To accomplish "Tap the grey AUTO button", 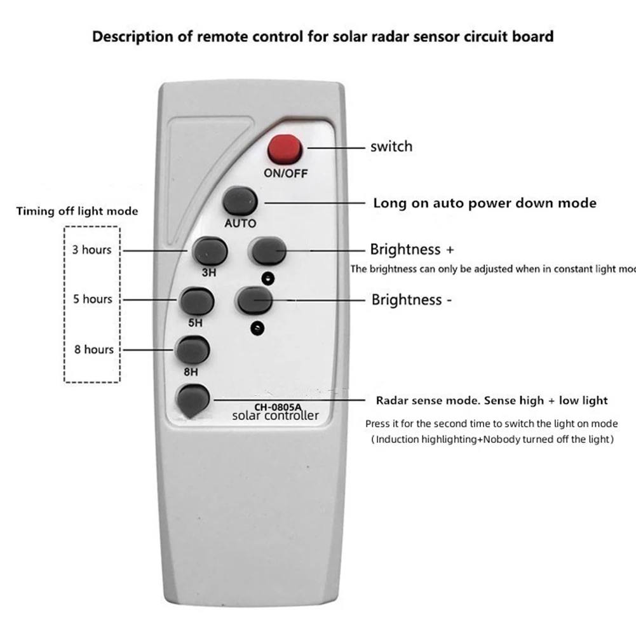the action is tap(240, 201).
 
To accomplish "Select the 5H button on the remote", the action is tap(196, 301).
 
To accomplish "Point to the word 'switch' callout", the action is tap(391, 147).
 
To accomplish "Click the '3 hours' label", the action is tap(91, 250).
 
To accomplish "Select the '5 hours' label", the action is tap(92, 299).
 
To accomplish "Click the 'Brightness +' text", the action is tap(412, 249).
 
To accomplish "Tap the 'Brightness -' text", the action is tap(412, 299).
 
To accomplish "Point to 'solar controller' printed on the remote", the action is tap(274, 416).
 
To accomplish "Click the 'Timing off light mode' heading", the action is tap(77, 211).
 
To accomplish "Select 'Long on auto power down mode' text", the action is tap(485, 203).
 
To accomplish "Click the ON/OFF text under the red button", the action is tap(285, 173).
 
